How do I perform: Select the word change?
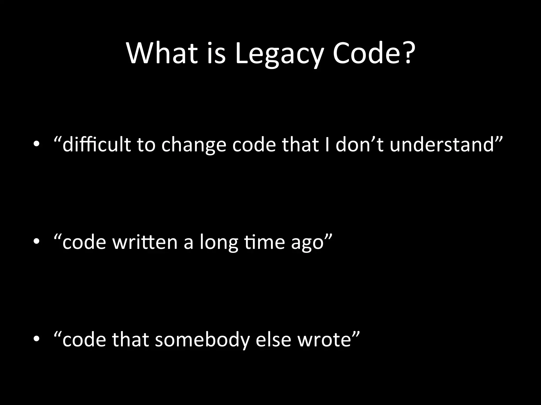coord(194,146)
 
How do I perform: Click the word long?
coord(219,243)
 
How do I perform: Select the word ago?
coord(307,243)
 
